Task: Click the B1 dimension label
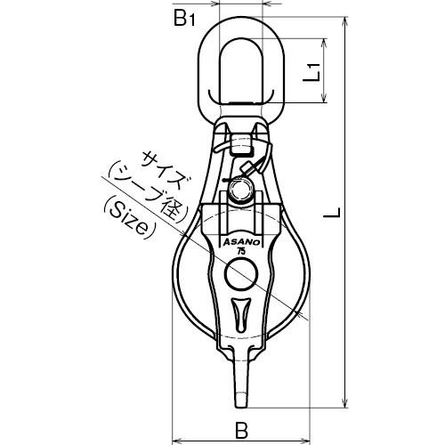point(184,19)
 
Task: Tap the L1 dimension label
point(311,72)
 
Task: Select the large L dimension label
point(332,213)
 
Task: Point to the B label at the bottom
point(241,430)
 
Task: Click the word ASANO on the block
point(241,242)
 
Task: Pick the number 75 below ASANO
point(241,252)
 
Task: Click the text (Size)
point(130,220)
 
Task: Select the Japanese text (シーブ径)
point(149,192)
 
